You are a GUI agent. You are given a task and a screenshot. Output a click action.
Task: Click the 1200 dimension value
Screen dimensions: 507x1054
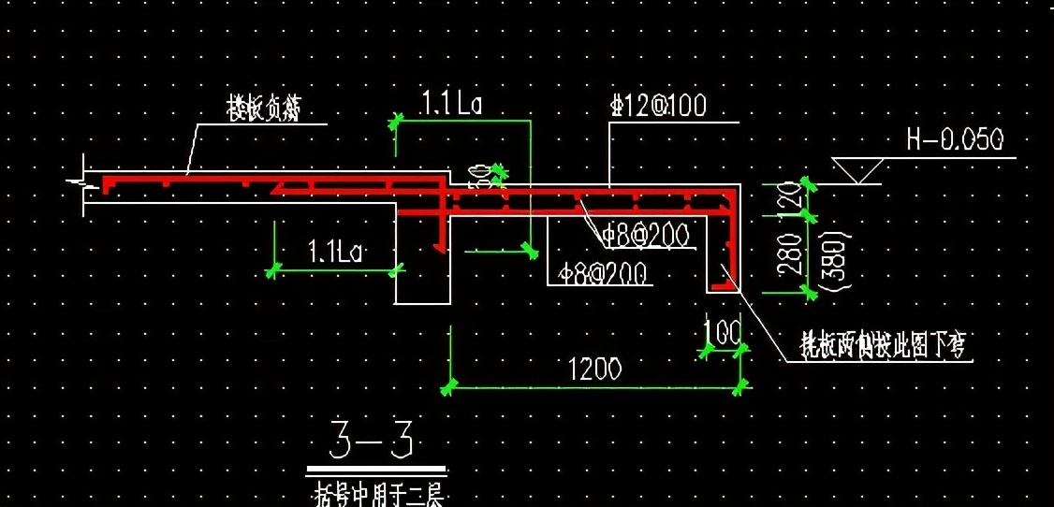click(594, 369)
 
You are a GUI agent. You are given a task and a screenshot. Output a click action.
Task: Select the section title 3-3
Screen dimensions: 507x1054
click(372, 440)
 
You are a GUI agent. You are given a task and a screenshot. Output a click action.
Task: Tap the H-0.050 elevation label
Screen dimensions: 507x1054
click(955, 140)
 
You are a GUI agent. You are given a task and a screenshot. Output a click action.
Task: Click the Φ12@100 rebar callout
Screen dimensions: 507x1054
click(658, 107)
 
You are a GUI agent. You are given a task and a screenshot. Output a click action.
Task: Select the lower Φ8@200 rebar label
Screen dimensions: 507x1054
click(603, 274)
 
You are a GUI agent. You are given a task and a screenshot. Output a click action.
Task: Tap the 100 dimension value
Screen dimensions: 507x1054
click(722, 330)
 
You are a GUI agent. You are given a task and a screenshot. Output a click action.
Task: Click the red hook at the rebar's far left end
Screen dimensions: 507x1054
click(108, 184)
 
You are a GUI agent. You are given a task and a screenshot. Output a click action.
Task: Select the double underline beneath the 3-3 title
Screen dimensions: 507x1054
click(376, 471)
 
